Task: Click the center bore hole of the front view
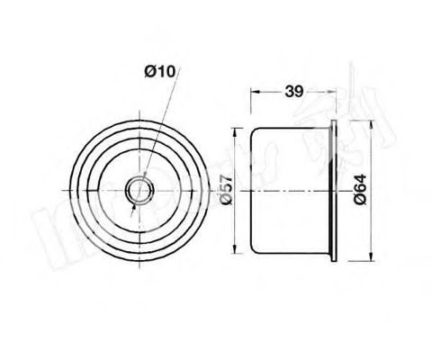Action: coord(141,191)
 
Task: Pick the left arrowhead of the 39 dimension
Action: coord(254,92)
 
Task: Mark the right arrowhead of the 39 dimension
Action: coord(333,92)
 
